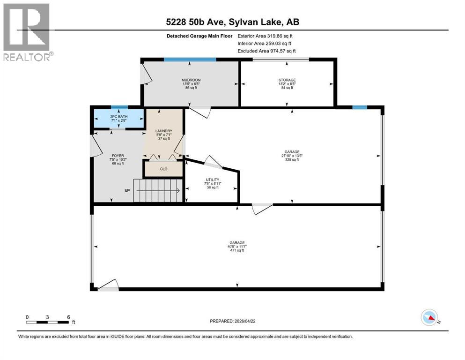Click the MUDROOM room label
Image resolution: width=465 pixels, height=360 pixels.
click(x=191, y=80)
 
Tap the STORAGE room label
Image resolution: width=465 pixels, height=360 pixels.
click(x=287, y=80)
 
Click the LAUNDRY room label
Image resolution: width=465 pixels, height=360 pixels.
click(x=164, y=131)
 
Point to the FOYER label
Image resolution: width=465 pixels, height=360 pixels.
click(x=117, y=155)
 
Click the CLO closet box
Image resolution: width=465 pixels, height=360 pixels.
click(x=163, y=169)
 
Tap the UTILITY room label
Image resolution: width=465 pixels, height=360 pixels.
click(x=213, y=180)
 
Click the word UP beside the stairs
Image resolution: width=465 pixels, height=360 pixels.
click(x=127, y=191)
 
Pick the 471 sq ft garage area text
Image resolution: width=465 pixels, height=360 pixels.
click(x=237, y=251)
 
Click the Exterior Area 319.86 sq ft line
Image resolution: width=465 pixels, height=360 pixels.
click(x=265, y=36)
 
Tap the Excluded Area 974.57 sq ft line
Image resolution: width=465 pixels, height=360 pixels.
click(x=266, y=51)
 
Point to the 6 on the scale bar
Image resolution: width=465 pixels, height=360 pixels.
click(x=68, y=317)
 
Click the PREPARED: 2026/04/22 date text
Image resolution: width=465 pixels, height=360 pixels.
click(x=234, y=321)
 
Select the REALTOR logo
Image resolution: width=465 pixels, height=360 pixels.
click(x=27, y=32)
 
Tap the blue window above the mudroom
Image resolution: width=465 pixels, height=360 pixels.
click(x=190, y=60)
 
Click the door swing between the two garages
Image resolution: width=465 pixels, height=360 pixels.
click(x=261, y=209)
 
